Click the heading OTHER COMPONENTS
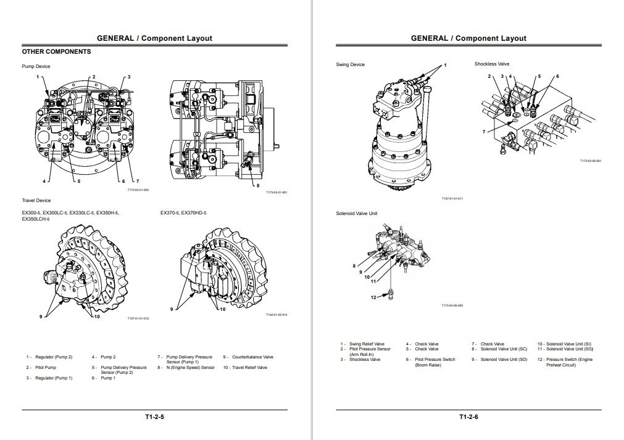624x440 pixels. click(x=56, y=52)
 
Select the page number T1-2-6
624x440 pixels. click(x=468, y=417)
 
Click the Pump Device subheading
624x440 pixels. click(x=36, y=66)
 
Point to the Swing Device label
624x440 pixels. click(x=350, y=64)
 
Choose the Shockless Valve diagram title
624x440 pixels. click(x=492, y=64)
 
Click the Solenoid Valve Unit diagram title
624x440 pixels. click(x=356, y=213)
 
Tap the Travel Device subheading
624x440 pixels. click(x=36, y=200)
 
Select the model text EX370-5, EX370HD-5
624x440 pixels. click(x=183, y=213)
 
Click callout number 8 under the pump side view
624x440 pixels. click(x=258, y=185)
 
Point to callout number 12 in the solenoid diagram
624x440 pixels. click(x=373, y=297)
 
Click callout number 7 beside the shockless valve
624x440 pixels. click(x=484, y=131)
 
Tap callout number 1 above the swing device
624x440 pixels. click(x=445, y=65)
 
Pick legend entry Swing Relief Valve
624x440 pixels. click(x=367, y=344)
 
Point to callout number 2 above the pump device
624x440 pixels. click(x=94, y=77)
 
